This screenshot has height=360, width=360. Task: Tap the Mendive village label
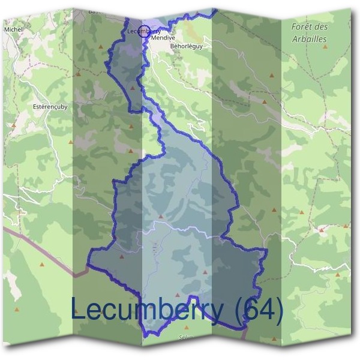(x=163, y=37)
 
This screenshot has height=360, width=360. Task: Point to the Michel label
(x=13, y=29)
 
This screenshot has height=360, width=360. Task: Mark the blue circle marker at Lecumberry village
(x=143, y=32)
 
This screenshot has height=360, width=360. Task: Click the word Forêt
(x=303, y=28)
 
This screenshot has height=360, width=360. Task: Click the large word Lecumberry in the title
(x=150, y=310)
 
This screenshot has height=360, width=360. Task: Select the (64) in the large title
(x=259, y=310)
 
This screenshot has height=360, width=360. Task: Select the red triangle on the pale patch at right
(x=321, y=229)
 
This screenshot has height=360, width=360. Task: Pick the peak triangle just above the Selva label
(x=187, y=328)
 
